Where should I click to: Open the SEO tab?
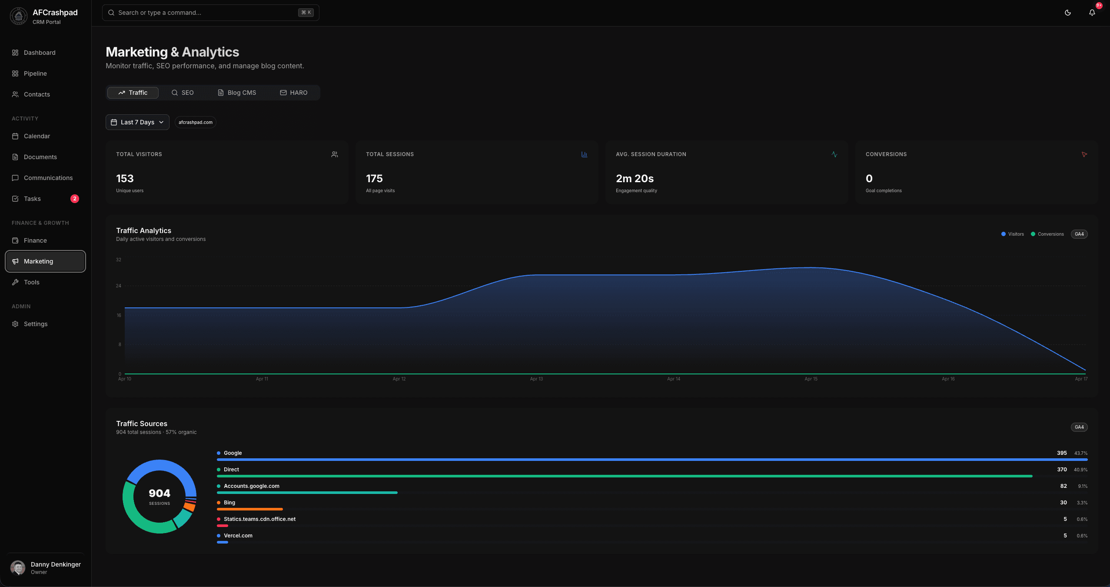click(183, 93)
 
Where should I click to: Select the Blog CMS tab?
click(237, 93)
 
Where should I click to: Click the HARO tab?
click(293, 93)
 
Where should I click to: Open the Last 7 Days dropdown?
click(137, 122)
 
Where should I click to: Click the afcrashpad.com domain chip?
click(196, 122)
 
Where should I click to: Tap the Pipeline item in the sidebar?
click(35, 73)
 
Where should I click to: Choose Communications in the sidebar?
click(48, 178)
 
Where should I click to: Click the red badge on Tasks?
click(75, 199)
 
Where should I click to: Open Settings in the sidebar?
click(36, 324)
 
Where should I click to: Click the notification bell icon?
click(1092, 13)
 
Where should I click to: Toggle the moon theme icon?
click(1067, 13)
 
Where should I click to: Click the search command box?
click(210, 13)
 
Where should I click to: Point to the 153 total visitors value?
click(125, 179)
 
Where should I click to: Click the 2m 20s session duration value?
click(635, 179)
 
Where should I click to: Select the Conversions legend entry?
click(1047, 234)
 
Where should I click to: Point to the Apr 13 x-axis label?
click(536, 379)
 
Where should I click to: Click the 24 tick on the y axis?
click(119, 286)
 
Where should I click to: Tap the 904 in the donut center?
click(160, 493)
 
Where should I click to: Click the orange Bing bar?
click(250, 509)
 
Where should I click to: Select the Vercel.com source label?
click(238, 536)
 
